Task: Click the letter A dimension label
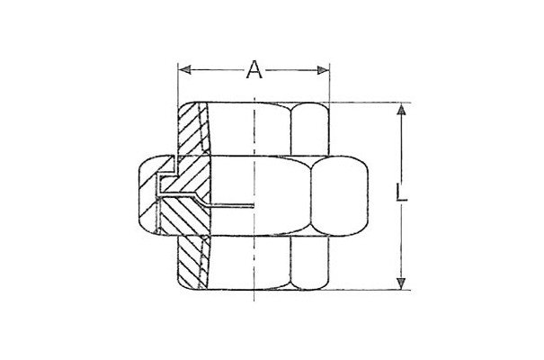(x=254, y=69)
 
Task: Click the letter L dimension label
(x=401, y=193)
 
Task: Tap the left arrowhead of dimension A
(x=184, y=70)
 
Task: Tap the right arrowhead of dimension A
(x=324, y=70)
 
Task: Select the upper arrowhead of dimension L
(x=401, y=110)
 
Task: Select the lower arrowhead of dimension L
(x=401, y=283)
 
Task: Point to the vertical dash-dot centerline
(x=254, y=199)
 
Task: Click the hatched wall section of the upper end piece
(x=192, y=129)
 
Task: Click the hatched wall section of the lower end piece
(x=192, y=263)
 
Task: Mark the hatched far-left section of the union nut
(x=148, y=196)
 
